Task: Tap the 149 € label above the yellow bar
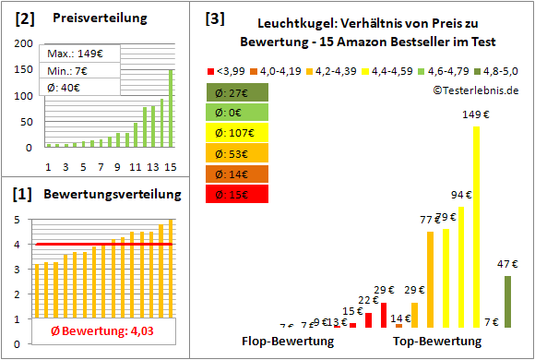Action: [x=476, y=114]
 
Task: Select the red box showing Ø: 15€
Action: [x=237, y=194]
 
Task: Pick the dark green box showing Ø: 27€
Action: [x=237, y=91]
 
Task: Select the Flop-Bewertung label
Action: [x=287, y=342]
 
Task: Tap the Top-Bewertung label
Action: [x=437, y=342]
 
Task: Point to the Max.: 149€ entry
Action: [x=72, y=53]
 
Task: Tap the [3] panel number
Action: [x=214, y=18]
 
